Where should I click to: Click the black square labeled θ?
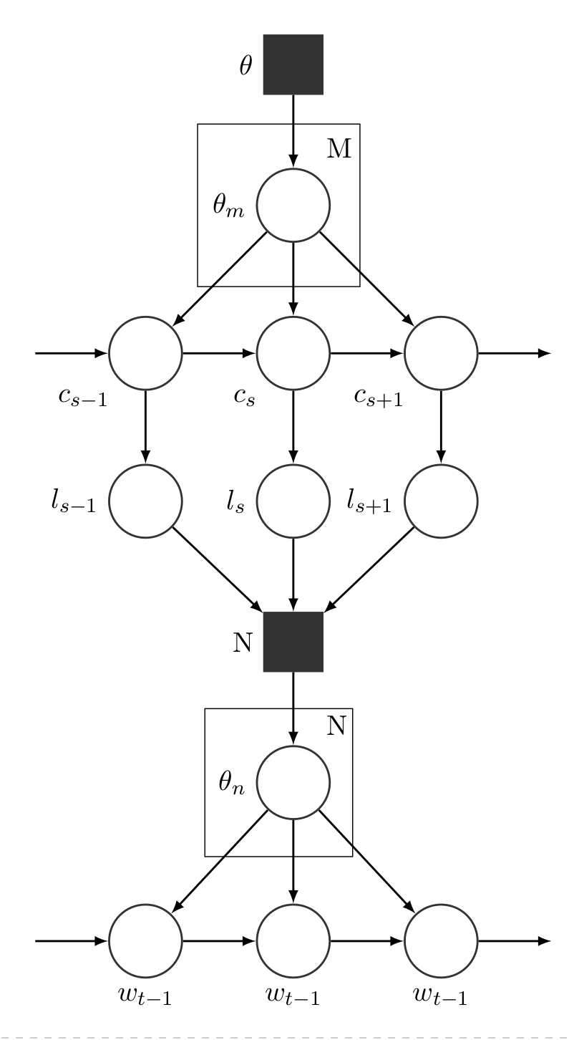tap(293, 64)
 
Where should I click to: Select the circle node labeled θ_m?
tap(293, 205)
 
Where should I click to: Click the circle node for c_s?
tap(293, 353)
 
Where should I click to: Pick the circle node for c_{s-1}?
tap(145, 353)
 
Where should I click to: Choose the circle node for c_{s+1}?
tap(441, 353)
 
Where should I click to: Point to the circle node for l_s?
tap(293, 501)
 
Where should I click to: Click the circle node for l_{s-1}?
tap(145, 501)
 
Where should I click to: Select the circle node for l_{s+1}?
tap(441, 501)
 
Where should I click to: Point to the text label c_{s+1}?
tap(378, 398)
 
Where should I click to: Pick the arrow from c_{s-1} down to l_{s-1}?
tap(145, 427)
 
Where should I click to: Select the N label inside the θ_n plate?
tap(336, 726)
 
